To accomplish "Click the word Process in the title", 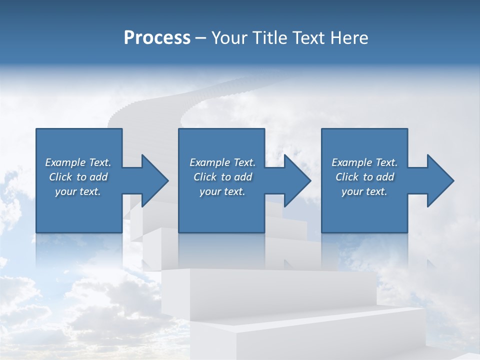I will (x=157, y=38).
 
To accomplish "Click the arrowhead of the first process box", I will (x=155, y=180).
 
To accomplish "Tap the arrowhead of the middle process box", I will (x=297, y=180).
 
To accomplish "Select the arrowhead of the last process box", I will (x=440, y=180).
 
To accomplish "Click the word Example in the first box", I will (x=65, y=162).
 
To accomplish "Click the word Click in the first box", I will (x=60, y=177).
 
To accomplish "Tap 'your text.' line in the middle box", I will (x=222, y=191).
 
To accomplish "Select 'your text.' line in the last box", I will (x=364, y=191).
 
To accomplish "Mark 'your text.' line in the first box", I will (x=78, y=191).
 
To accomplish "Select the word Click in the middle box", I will (x=205, y=177).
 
